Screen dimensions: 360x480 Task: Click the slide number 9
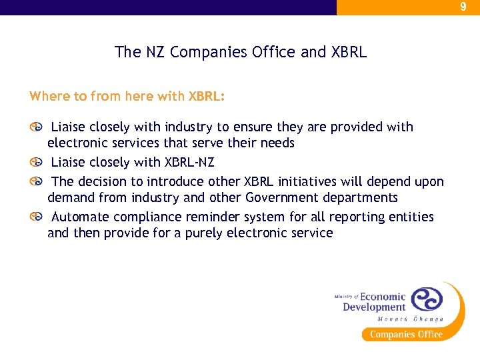click(x=463, y=7)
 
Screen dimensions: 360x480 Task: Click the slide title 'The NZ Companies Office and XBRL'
click(x=240, y=52)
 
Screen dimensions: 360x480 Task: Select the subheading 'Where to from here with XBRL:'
click(x=127, y=96)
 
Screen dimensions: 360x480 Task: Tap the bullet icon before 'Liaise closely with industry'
click(x=35, y=127)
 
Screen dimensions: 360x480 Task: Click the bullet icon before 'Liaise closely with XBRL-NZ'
click(x=35, y=163)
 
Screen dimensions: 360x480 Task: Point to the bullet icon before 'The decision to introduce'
click(x=35, y=181)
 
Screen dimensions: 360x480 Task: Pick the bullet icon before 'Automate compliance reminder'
click(x=35, y=217)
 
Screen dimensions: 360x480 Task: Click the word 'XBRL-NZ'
click(x=189, y=162)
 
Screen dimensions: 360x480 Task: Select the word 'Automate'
click(x=80, y=217)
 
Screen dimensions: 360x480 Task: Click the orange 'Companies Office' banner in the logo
click(x=406, y=334)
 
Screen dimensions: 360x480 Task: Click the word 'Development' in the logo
click(x=374, y=307)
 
